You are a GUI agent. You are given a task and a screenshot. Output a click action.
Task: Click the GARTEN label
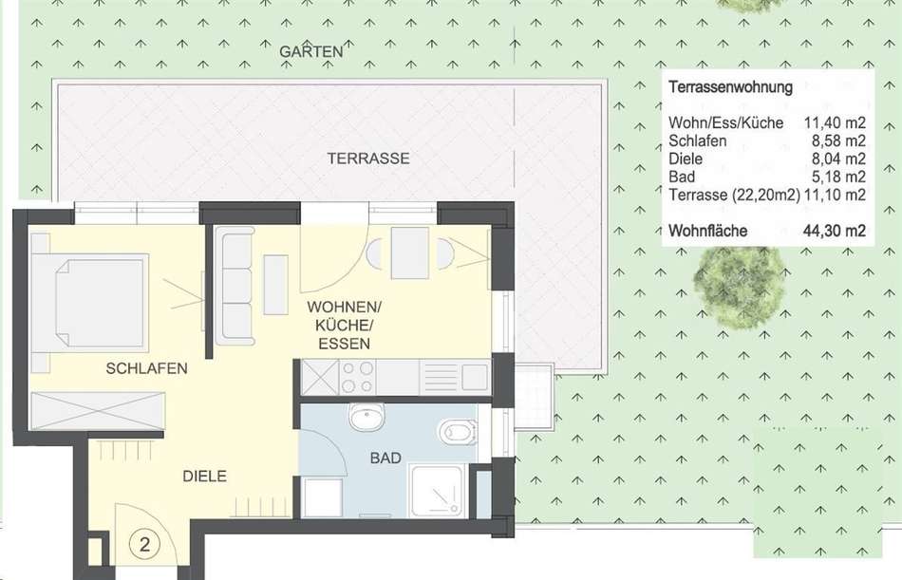pyautogui.click(x=311, y=51)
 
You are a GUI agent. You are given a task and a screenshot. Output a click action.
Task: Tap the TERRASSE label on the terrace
pyautogui.click(x=368, y=159)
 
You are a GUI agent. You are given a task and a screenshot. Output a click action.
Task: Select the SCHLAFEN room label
pyautogui.click(x=146, y=368)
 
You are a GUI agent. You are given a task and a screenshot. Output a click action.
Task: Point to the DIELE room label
pyautogui.click(x=205, y=476)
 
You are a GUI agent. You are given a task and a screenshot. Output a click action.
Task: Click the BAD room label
pyautogui.click(x=385, y=458)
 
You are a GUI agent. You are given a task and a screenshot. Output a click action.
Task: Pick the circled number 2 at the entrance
pyautogui.click(x=144, y=544)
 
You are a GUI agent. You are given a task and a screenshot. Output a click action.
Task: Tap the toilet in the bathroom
pyautogui.click(x=458, y=432)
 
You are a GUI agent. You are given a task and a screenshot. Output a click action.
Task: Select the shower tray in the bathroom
pyautogui.click(x=436, y=491)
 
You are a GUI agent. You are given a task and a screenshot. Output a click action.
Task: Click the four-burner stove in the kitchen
pyautogui.click(x=357, y=377)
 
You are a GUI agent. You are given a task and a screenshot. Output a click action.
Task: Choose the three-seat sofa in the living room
pyautogui.click(x=235, y=286)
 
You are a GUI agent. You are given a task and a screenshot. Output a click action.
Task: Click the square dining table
pyautogui.click(x=409, y=253)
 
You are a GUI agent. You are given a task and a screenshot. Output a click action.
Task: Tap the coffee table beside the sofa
pyautogui.click(x=275, y=285)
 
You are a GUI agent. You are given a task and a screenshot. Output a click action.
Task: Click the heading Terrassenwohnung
pyautogui.click(x=730, y=87)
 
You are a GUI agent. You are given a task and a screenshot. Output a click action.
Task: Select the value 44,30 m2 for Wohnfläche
pyautogui.click(x=835, y=231)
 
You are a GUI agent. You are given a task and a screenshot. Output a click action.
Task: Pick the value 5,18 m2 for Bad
pyautogui.click(x=838, y=177)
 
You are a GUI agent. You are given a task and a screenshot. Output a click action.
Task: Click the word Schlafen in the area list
pyautogui.click(x=697, y=141)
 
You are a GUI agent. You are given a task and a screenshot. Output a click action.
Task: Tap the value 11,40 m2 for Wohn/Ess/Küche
pyautogui.click(x=835, y=122)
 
